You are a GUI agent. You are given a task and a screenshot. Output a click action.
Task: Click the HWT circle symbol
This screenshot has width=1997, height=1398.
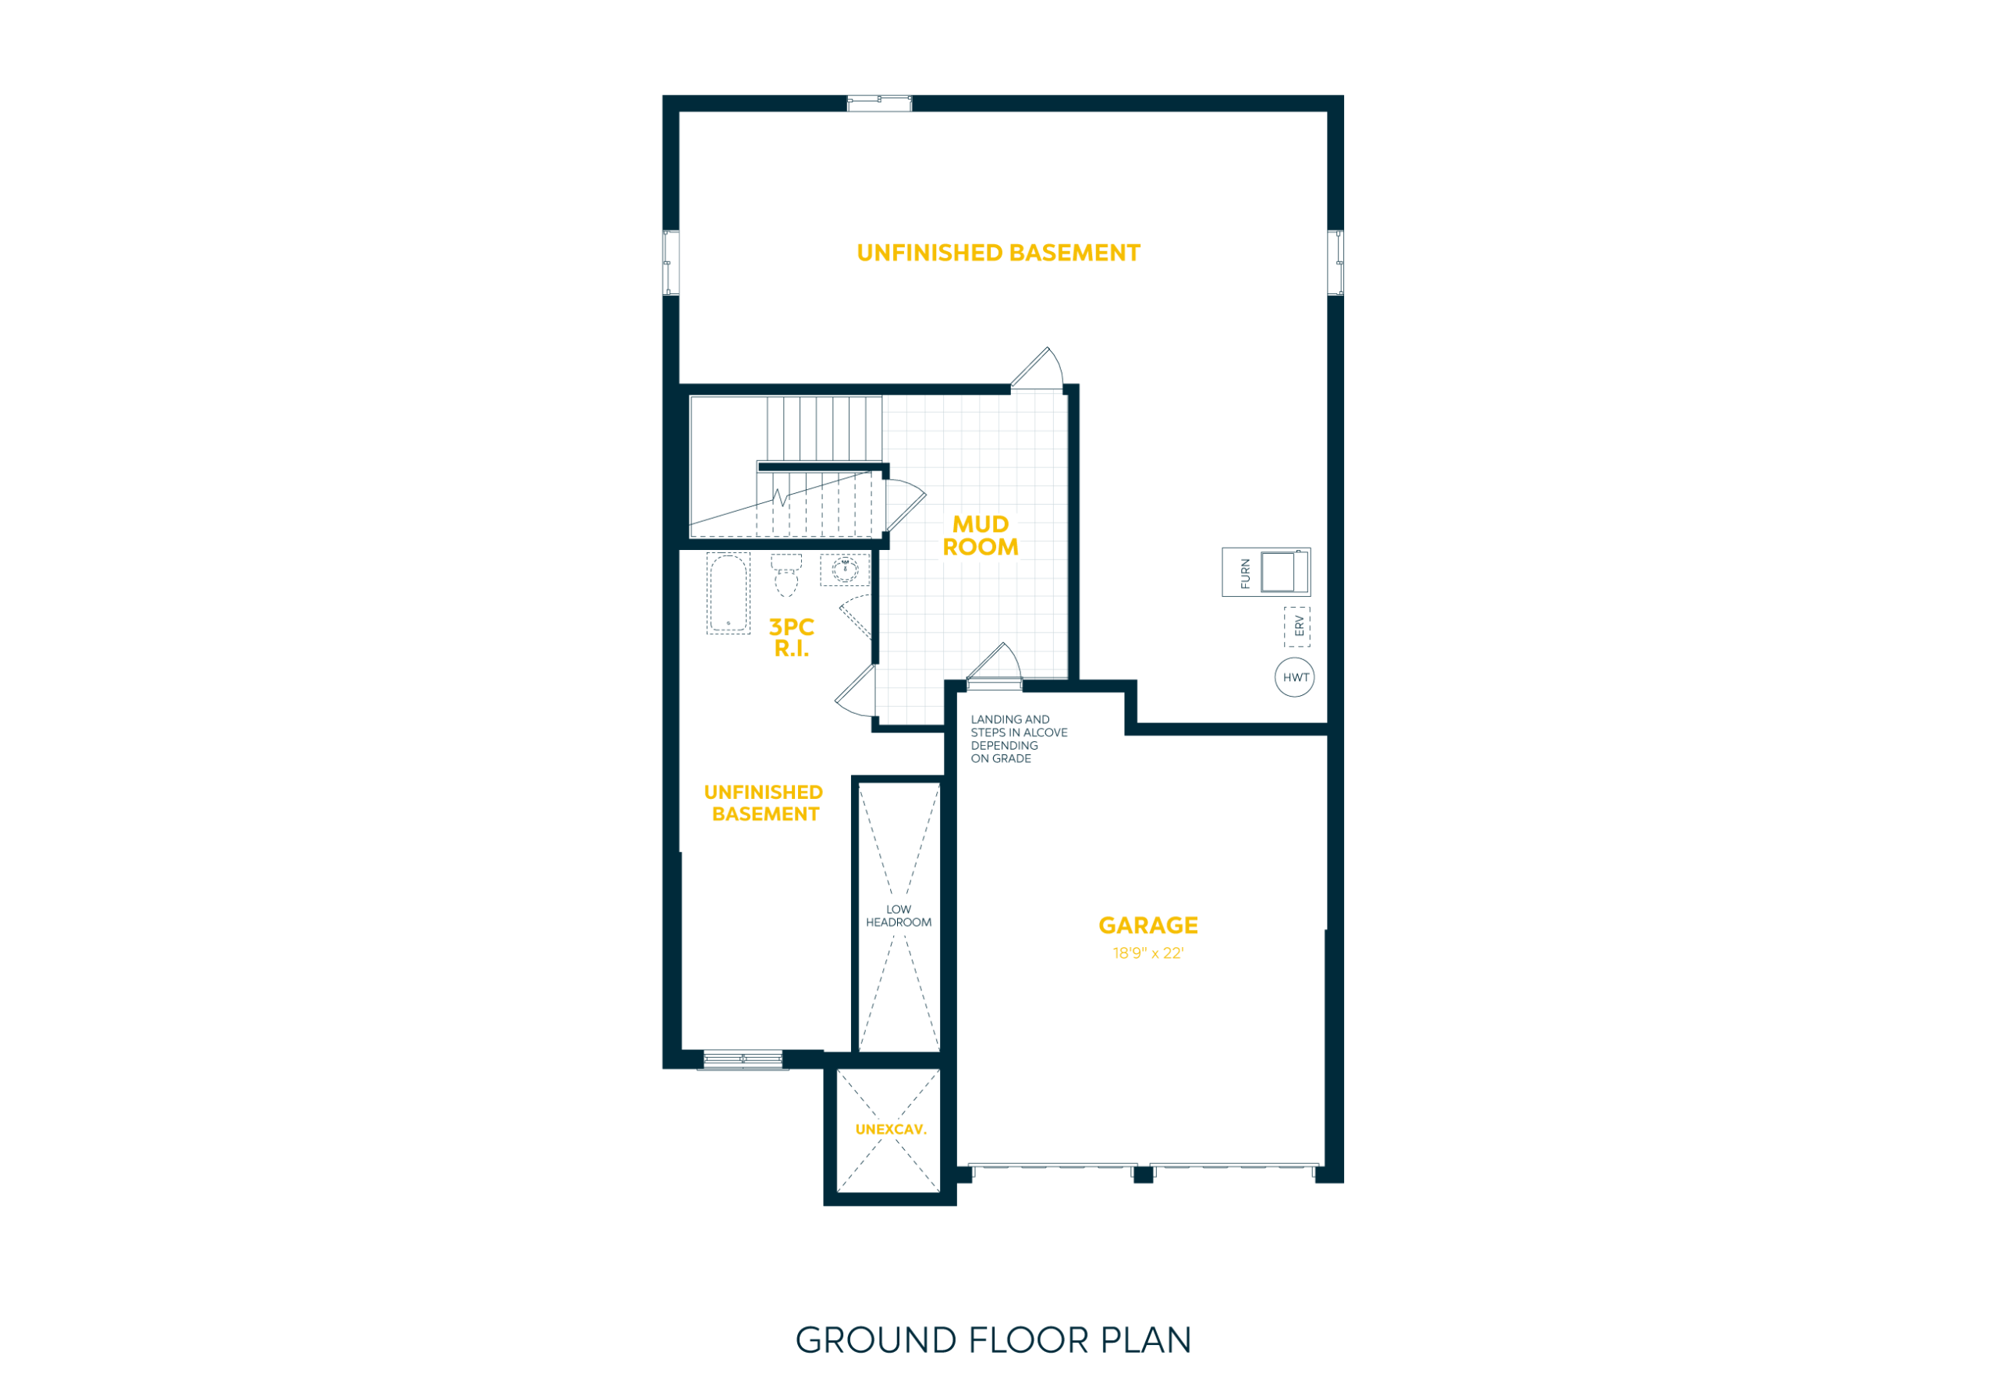[1294, 678]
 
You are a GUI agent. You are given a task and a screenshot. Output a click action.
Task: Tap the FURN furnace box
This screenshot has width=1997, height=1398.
[1265, 572]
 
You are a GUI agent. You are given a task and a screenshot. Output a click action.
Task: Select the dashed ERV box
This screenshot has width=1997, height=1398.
[1296, 626]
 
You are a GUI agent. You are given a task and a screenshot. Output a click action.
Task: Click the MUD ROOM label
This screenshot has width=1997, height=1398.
[981, 536]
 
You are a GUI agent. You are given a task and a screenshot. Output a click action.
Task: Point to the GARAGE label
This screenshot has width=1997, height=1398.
[1148, 924]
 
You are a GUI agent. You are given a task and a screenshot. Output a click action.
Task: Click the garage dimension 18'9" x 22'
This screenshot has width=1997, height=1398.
[1148, 953]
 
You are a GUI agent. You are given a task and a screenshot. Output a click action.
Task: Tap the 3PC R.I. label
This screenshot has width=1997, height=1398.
[792, 637]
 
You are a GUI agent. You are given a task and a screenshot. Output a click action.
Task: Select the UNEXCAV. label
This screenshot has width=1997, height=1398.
[891, 1129]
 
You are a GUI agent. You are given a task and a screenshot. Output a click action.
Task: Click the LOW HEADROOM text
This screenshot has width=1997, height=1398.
[899, 916]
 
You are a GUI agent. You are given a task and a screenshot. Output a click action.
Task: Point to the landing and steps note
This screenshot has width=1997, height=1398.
[1019, 739]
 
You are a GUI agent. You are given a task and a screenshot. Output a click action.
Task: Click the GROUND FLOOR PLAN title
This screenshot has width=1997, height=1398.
[993, 1340]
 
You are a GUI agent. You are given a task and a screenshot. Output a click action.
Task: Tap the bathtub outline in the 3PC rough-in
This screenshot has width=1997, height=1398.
[728, 594]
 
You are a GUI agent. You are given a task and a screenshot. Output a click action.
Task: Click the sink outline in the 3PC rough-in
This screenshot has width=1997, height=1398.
[845, 569]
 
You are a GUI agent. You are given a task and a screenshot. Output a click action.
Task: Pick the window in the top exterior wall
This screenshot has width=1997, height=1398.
[879, 104]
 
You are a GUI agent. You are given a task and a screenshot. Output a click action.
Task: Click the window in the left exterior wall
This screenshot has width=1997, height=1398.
[671, 263]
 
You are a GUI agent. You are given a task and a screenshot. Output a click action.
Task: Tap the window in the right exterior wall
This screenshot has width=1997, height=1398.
[1335, 263]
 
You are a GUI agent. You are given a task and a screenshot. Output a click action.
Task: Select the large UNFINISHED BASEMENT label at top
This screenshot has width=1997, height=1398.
[998, 254]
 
